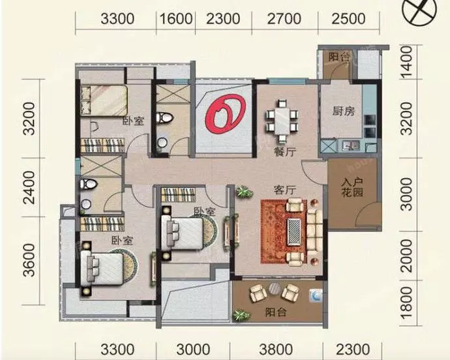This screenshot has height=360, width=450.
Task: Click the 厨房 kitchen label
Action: [344, 111]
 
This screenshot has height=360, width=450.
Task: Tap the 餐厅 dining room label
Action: [285, 151]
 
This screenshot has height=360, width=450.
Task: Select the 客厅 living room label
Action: [285, 190]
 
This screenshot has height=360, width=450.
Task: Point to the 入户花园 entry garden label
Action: [352, 187]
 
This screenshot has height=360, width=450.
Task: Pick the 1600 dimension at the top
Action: [175, 19]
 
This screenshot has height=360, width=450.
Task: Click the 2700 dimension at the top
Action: [284, 19]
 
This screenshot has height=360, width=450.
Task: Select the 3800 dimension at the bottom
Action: [276, 350]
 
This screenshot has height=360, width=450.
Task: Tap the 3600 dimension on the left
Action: [29, 260]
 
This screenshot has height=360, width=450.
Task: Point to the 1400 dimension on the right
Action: [406, 62]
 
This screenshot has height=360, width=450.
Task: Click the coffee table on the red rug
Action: [294, 232]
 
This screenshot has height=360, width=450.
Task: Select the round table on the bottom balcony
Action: [275, 289]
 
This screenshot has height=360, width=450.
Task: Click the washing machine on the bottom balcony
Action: [316, 295]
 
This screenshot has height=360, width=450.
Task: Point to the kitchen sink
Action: [351, 145]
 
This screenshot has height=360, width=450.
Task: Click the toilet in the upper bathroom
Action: [165, 118]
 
